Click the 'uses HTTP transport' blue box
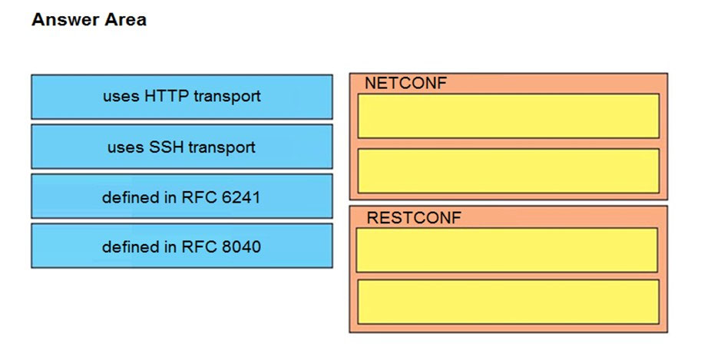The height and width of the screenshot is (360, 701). [181, 97]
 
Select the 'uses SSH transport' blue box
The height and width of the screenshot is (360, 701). [181, 147]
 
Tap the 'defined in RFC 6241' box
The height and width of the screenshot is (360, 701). [181, 197]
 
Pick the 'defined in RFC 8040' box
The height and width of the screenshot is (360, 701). [181, 246]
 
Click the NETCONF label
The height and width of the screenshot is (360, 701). [405, 83]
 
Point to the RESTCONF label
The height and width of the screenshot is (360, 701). [414, 218]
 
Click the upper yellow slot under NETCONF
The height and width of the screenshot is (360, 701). [508, 116]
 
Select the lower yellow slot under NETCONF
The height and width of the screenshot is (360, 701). [508, 171]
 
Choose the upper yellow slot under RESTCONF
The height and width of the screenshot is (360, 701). [507, 250]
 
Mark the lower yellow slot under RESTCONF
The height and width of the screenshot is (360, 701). [508, 302]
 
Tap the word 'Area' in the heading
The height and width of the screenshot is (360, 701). [126, 20]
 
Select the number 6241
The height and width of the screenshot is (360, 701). [241, 197]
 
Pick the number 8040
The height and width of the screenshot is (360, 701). [241, 247]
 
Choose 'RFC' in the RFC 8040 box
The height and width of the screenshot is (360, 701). [199, 247]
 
